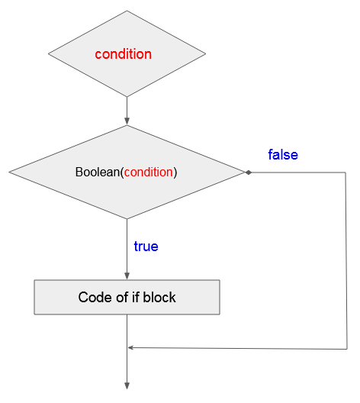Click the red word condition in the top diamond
tap(124, 54)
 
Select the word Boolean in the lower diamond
tap(98, 172)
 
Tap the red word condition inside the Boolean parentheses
tap(149, 172)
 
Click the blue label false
tap(283, 155)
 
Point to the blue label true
tap(146, 247)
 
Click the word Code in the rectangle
tap(95, 297)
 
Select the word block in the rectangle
tap(159, 297)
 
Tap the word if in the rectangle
tap(136, 297)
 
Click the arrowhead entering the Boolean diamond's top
tap(127, 121)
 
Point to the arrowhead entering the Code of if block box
tap(127, 276)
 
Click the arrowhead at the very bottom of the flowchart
tap(127, 385)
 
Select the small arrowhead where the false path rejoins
tap(130, 348)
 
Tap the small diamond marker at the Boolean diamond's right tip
tap(249, 172)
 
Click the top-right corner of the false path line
tap(346, 172)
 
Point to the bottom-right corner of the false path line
tap(347, 349)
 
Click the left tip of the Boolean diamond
tap(9, 172)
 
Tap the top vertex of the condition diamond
tap(127, 11)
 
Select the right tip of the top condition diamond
tap(206, 53)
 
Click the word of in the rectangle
tap(122, 297)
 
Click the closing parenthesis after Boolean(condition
tap(175, 172)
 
